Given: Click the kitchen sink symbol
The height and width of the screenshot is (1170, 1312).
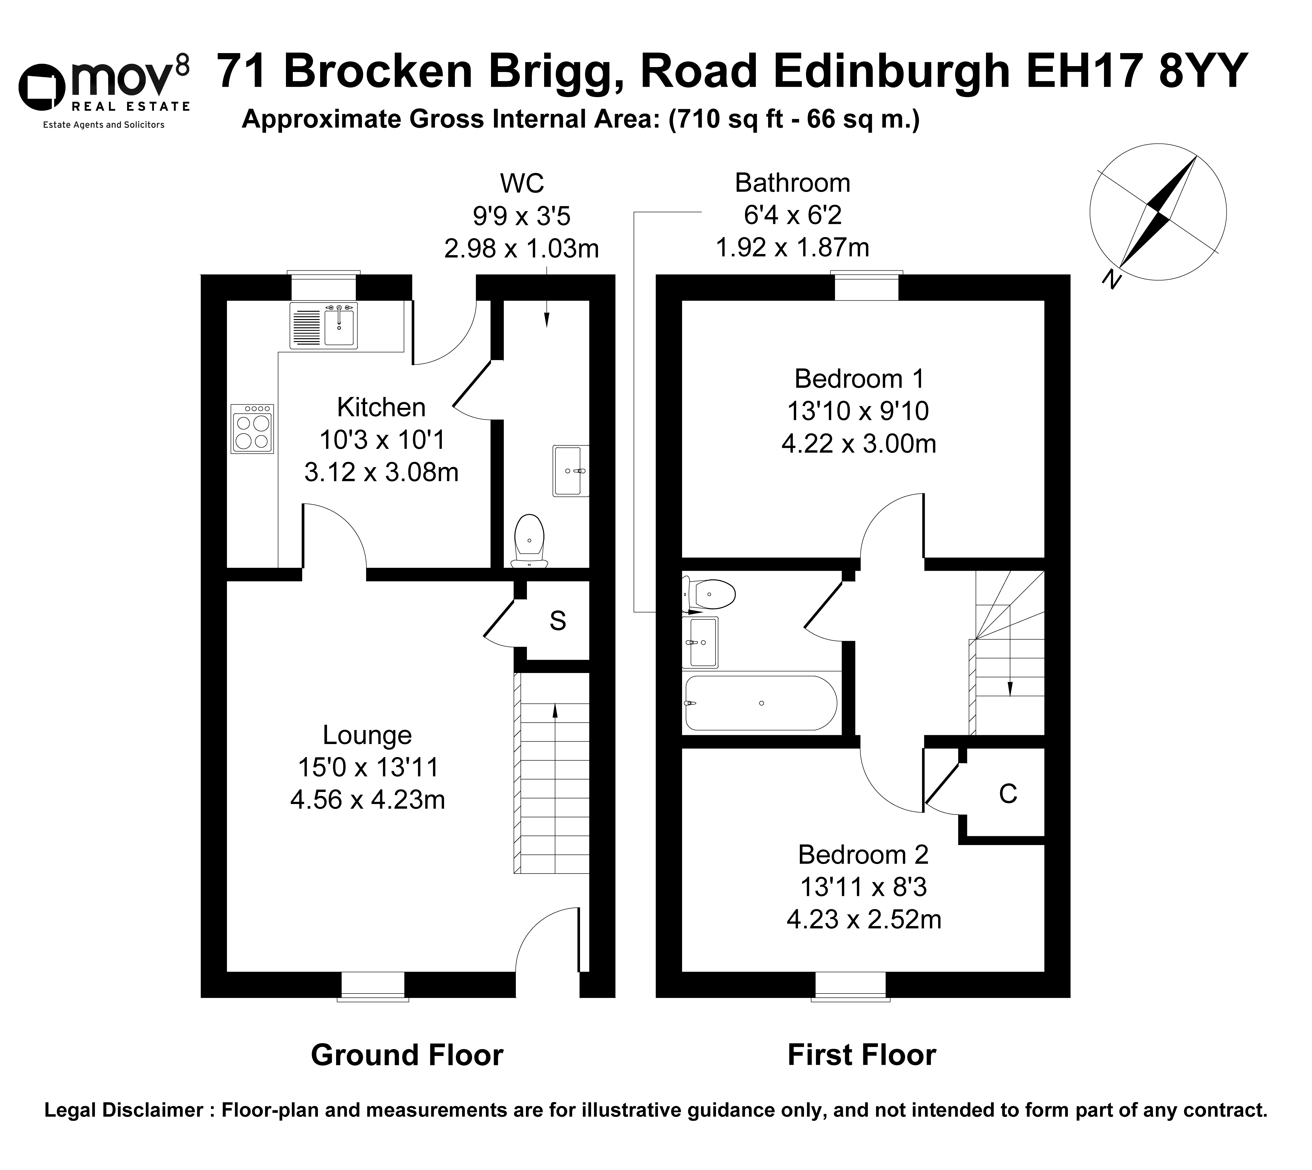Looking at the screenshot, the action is click(x=324, y=325).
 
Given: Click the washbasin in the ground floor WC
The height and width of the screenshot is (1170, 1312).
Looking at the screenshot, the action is click(x=570, y=470).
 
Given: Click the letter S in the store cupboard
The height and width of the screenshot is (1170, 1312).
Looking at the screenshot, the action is click(x=558, y=621).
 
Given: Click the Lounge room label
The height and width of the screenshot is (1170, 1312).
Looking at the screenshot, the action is click(x=367, y=735).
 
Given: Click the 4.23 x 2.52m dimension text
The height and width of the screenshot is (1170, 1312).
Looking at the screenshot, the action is click(x=864, y=920).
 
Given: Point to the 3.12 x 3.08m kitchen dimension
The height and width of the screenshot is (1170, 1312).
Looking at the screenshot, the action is click(x=381, y=472).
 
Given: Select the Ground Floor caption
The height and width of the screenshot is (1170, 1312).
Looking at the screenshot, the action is click(x=407, y=1055).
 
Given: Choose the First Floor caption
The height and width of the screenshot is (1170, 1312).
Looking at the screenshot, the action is click(x=862, y=1055).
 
